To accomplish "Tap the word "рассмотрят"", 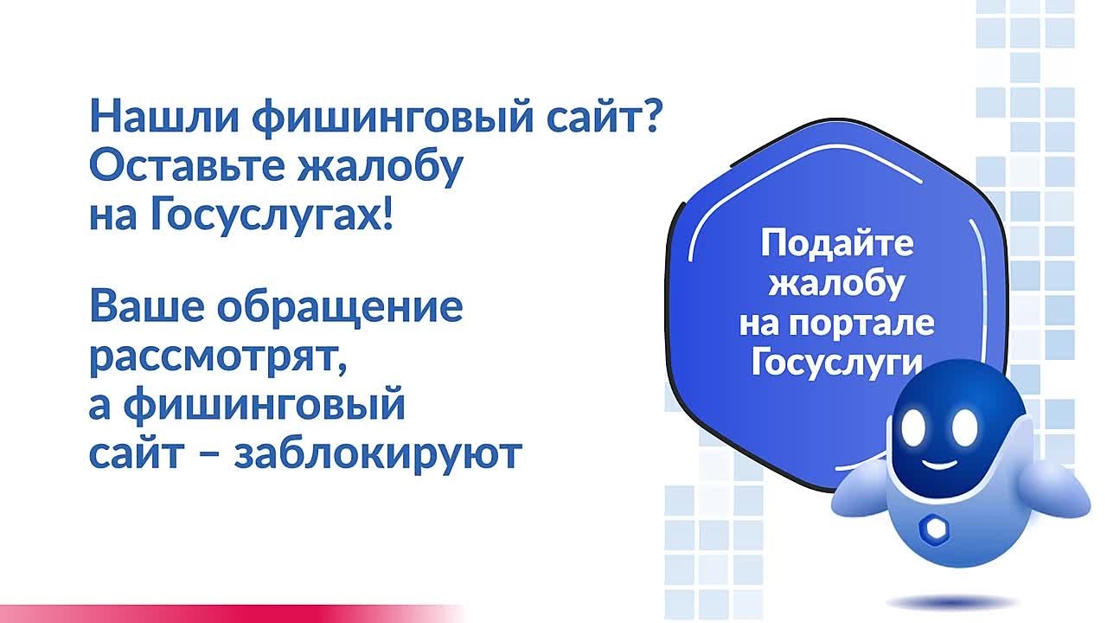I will [217, 356].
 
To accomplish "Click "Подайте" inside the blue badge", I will [836, 245].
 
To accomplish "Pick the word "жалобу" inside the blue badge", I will [836, 283].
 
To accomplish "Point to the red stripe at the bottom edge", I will [216, 614].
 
